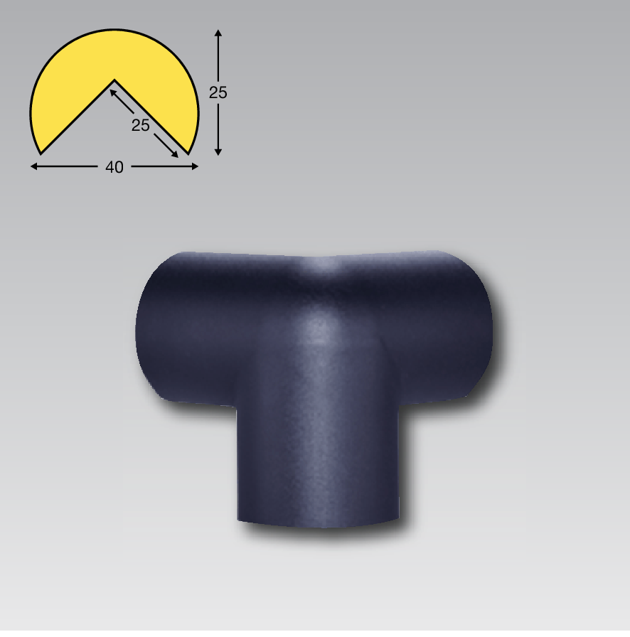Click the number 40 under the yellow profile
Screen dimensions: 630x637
tap(114, 167)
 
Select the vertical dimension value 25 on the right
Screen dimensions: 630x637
tap(218, 92)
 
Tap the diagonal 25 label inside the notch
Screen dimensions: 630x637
tap(140, 126)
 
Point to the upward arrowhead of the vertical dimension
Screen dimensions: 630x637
tap(218, 33)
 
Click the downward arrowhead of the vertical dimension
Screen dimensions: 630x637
tap(218, 152)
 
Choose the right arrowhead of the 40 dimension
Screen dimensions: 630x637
tap(194, 166)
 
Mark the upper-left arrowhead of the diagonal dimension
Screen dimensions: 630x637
tap(113, 93)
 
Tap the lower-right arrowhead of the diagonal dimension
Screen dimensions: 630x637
tap(174, 154)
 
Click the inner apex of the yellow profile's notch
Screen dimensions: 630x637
tap(114, 80)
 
